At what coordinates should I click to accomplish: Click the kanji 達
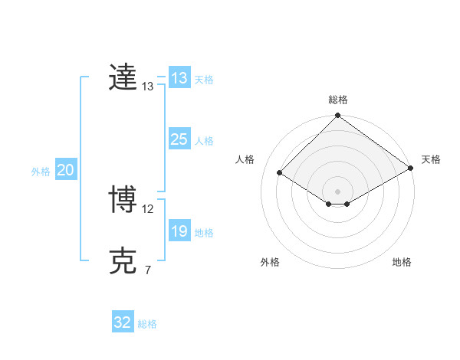(x=123, y=78)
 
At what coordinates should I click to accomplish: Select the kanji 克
(x=123, y=262)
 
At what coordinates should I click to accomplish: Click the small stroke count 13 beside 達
(x=148, y=87)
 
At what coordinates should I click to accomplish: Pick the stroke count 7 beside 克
(x=147, y=270)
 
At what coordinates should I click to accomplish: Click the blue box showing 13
(x=179, y=78)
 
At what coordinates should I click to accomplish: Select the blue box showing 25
(x=179, y=139)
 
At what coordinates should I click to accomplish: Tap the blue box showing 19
(x=179, y=231)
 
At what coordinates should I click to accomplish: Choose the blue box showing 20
(x=66, y=170)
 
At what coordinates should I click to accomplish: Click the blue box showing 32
(x=123, y=322)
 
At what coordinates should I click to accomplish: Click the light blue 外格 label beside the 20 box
(x=41, y=172)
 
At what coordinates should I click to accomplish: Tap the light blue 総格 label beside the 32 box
(x=147, y=324)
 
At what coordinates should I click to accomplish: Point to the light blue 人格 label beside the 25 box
(x=204, y=141)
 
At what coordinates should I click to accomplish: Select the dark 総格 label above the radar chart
(x=338, y=100)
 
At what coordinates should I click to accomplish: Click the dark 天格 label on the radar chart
(x=431, y=159)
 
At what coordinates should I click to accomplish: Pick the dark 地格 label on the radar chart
(x=402, y=263)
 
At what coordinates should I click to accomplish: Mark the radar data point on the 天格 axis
(x=411, y=168)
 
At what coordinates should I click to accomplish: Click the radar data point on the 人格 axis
(x=280, y=172)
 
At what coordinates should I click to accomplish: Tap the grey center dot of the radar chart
(x=338, y=191)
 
